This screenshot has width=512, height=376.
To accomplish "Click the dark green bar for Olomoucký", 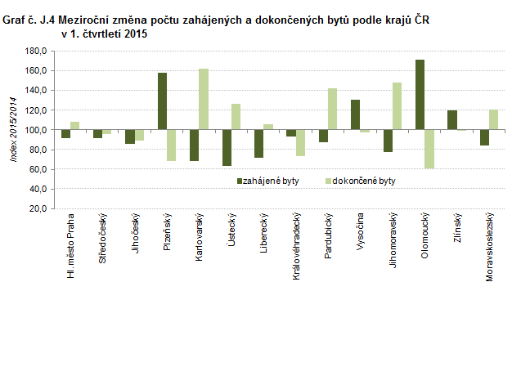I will [x=420, y=95].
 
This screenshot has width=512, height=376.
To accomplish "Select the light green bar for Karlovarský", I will [x=204, y=99].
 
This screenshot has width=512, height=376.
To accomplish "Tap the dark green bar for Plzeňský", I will [x=162, y=101].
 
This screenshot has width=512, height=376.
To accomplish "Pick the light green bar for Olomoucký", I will [x=429, y=149].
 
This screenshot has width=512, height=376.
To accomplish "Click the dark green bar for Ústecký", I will [x=227, y=148].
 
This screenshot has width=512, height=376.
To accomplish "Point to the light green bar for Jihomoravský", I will [x=397, y=106].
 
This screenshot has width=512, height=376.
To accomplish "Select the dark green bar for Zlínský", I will [x=452, y=120].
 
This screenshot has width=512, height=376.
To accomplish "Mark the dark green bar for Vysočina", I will [x=355, y=114].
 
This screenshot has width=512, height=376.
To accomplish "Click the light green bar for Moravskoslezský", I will [x=493, y=119].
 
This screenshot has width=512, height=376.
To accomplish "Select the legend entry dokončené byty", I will [x=364, y=181].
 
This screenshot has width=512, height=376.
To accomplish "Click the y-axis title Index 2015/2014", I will [x=13, y=131].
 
